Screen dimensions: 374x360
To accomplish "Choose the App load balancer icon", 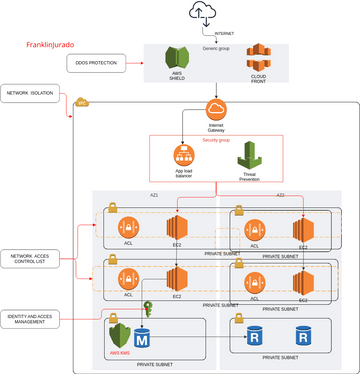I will pyautogui.click(x=183, y=155).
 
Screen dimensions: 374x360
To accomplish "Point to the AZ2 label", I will pyautogui.click(x=280, y=196).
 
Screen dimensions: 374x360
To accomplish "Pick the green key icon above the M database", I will pyautogui.click(x=146, y=310).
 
